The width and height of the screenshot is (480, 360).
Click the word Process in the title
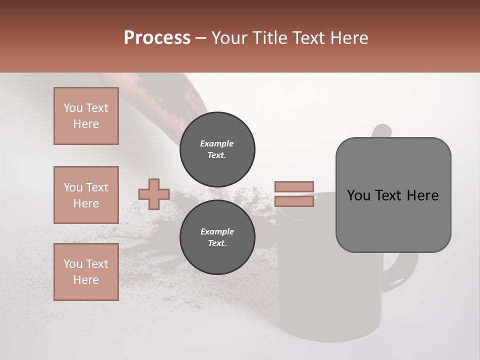tap(157, 38)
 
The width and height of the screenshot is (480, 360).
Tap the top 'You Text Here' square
tap(86, 116)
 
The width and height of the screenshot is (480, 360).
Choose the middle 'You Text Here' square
tap(86, 195)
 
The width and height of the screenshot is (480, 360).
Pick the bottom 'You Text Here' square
tap(86, 272)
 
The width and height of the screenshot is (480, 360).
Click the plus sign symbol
tap(154, 194)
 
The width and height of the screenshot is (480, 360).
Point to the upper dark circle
tap(217, 149)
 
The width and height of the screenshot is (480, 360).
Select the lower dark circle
tap(217, 237)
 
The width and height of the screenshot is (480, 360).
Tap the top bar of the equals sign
tap(294, 186)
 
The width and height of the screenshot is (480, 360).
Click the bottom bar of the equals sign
tap(294, 201)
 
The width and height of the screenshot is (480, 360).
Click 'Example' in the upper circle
tap(217, 143)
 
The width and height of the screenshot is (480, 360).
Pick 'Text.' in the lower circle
tap(217, 243)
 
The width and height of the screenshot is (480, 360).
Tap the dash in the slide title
tap(201, 38)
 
